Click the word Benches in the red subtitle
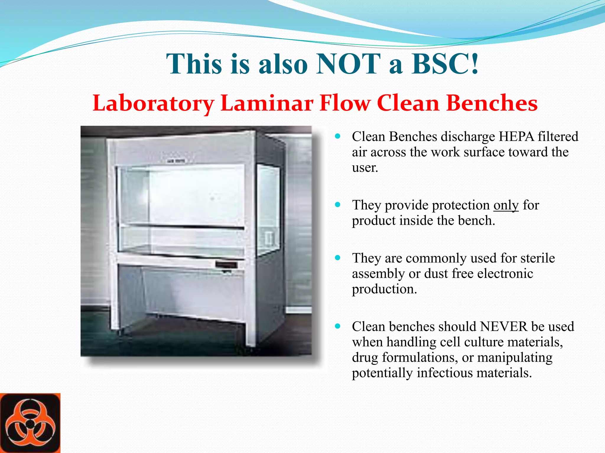coord(492,103)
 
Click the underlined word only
coord(506,205)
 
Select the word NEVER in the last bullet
coord(504,326)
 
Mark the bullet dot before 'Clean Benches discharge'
coord(338,136)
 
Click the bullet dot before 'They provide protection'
coord(338,205)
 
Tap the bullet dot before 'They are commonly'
coord(338,258)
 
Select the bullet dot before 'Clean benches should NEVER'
coord(338,326)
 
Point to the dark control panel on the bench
coord(226,265)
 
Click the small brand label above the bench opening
coord(176,161)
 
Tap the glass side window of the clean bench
coord(268,206)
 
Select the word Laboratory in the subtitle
coord(153,103)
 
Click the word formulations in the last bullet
coord(418,357)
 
